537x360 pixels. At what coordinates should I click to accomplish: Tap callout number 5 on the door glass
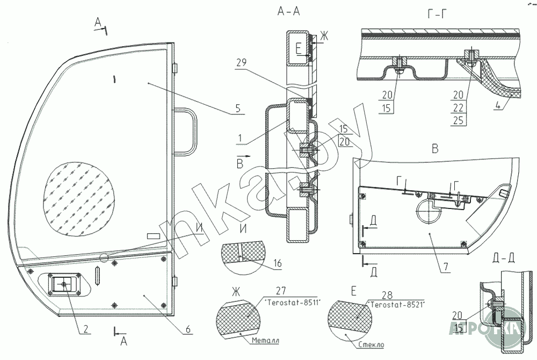[237, 108]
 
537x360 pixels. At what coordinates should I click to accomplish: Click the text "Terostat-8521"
[395, 305]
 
